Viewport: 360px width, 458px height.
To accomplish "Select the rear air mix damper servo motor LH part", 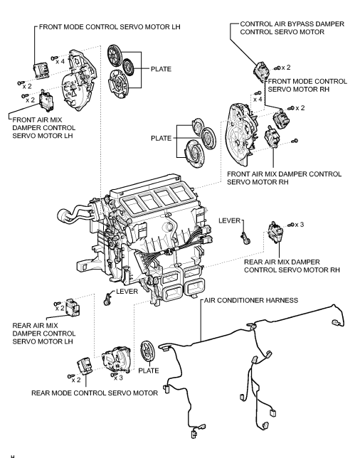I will pyautogui.click(x=73, y=307).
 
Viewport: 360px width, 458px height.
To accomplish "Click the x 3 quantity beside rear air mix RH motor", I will pyautogui.click(x=296, y=225).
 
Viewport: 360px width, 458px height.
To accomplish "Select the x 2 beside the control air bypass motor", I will pyautogui.click(x=285, y=66).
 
